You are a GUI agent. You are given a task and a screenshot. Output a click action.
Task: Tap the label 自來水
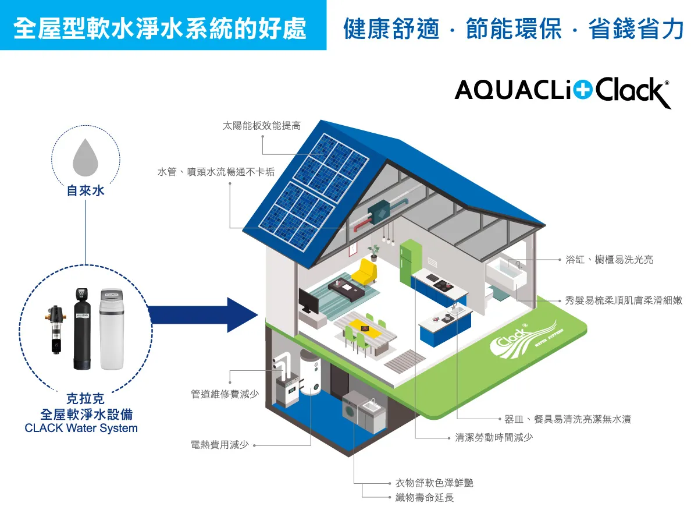pos(86,191)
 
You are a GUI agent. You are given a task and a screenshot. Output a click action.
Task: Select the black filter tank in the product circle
pos(82,329)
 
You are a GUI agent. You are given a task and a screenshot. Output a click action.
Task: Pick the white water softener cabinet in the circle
pos(111,329)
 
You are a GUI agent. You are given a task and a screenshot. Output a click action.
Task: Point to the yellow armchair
pos(365,272)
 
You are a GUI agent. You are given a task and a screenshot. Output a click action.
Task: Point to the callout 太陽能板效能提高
pos(262,126)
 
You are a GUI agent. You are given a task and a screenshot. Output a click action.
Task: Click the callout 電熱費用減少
pos(219,444)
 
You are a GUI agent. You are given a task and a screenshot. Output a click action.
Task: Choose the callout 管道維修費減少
pos(225,394)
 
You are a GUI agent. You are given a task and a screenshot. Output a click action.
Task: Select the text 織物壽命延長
pos(425,497)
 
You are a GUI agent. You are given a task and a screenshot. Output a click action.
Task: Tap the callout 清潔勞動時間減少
pos(494,437)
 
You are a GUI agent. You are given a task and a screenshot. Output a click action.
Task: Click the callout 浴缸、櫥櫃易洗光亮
pos(609,260)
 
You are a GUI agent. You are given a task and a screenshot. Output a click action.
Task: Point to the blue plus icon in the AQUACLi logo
pos(583,90)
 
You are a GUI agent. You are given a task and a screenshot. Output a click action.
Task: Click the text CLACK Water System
pos(81,429)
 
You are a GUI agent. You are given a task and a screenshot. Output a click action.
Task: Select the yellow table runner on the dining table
pos(365,328)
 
